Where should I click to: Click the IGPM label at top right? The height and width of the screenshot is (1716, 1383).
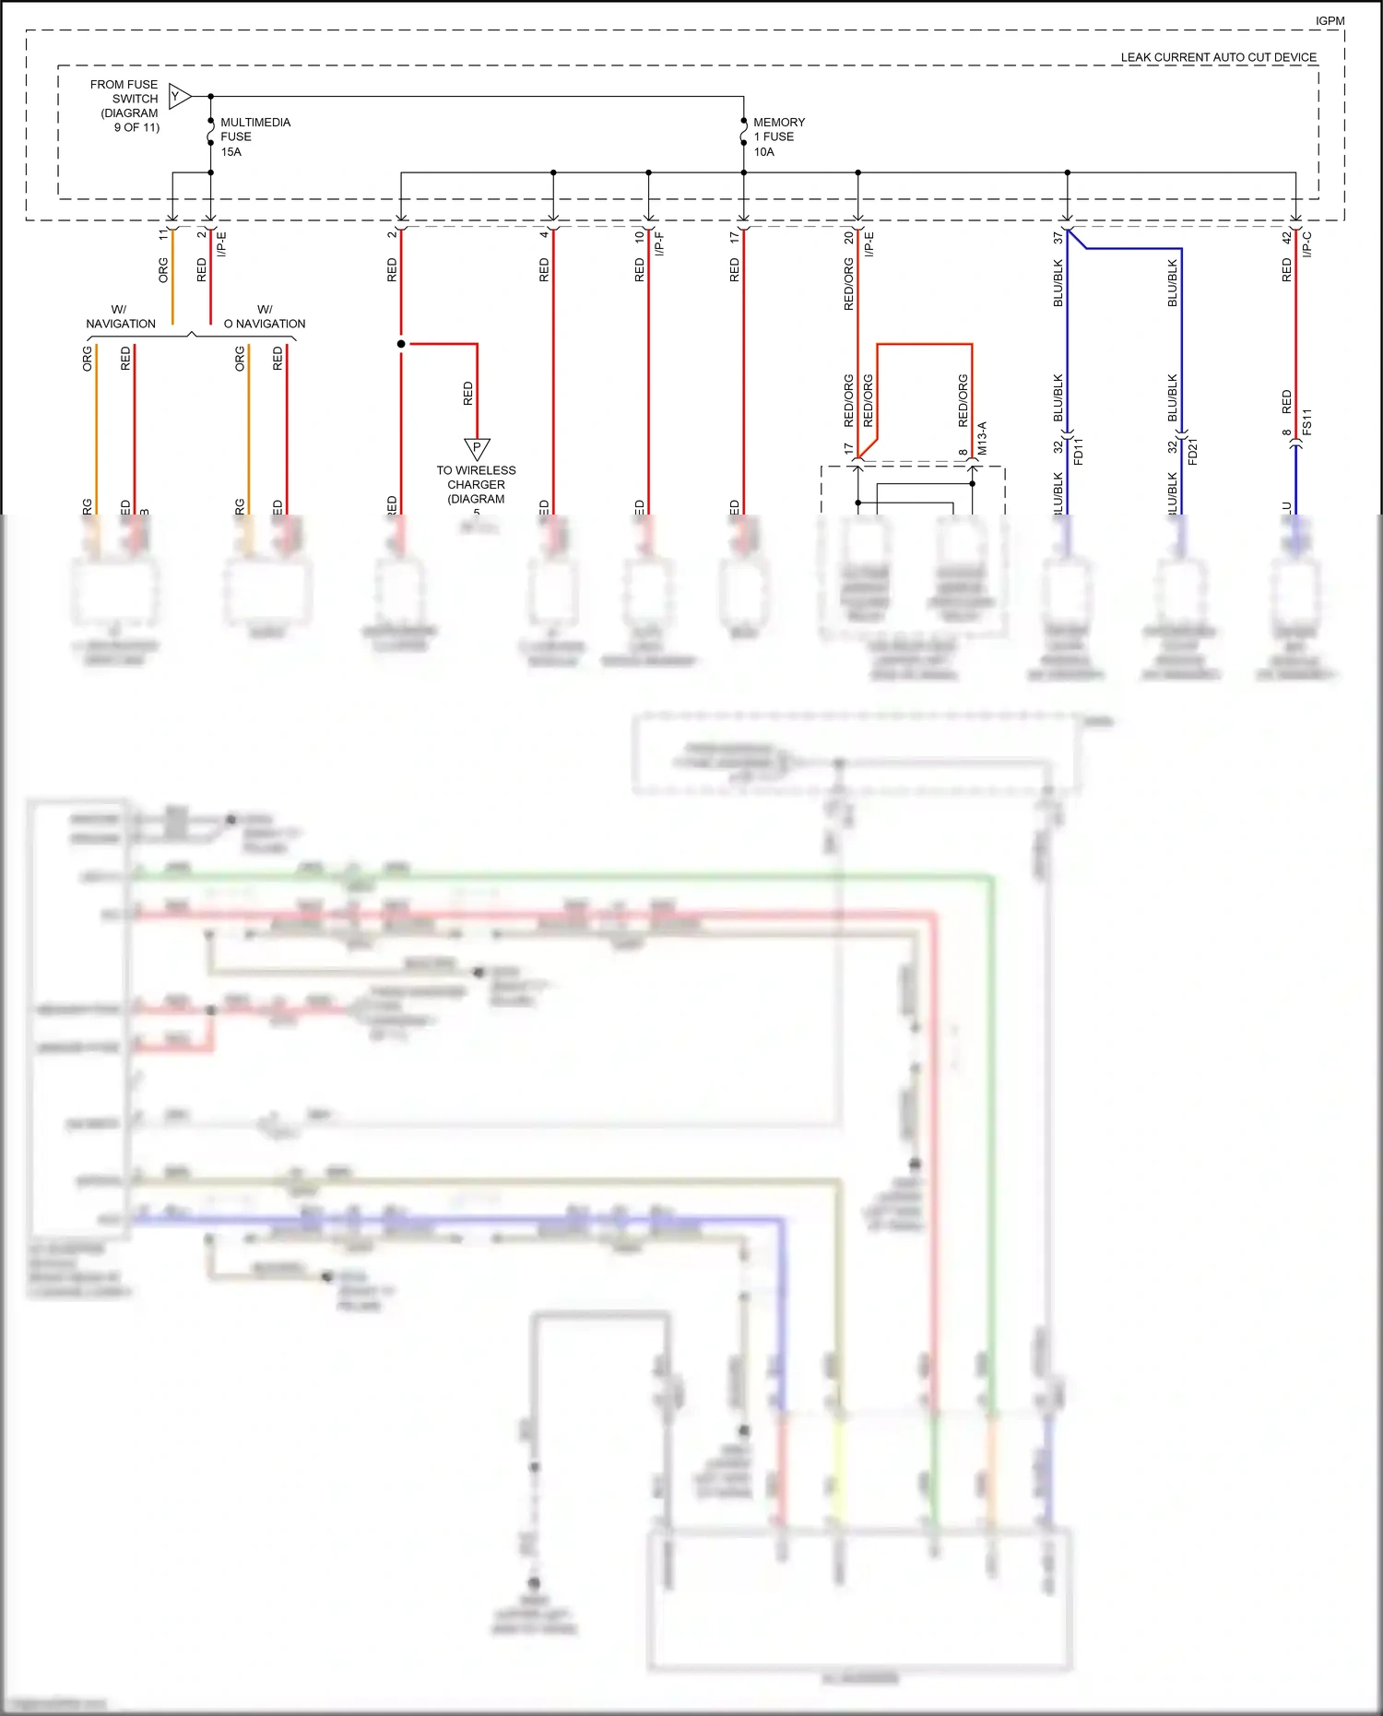(1329, 20)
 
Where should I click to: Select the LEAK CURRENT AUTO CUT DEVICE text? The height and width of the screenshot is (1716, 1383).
(1218, 57)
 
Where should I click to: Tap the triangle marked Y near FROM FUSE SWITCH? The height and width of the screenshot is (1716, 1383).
(179, 96)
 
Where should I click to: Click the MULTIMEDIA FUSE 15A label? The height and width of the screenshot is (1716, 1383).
(254, 136)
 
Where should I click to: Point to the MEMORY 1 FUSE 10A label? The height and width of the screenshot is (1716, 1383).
(778, 136)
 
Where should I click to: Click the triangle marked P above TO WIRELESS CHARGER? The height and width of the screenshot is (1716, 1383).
(477, 449)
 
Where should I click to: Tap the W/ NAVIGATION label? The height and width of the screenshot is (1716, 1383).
(121, 316)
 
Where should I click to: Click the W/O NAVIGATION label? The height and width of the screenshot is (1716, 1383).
(265, 316)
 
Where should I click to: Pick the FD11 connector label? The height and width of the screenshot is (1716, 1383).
(1079, 451)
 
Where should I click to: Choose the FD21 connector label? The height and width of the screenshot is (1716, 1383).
(1193, 451)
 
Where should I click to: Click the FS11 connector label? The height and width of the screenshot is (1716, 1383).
(1306, 422)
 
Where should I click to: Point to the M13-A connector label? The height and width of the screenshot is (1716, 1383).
(982, 438)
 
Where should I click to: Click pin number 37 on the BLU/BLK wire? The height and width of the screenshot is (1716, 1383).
(1058, 237)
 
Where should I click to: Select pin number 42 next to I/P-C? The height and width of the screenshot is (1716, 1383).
(1286, 237)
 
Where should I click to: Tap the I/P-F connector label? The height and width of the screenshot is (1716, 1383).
(659, 243)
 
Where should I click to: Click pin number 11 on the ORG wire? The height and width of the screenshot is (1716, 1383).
(163, 235)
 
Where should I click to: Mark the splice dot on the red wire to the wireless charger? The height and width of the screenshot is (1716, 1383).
(401, 344)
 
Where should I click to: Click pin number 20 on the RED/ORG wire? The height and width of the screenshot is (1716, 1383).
(848, 237)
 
